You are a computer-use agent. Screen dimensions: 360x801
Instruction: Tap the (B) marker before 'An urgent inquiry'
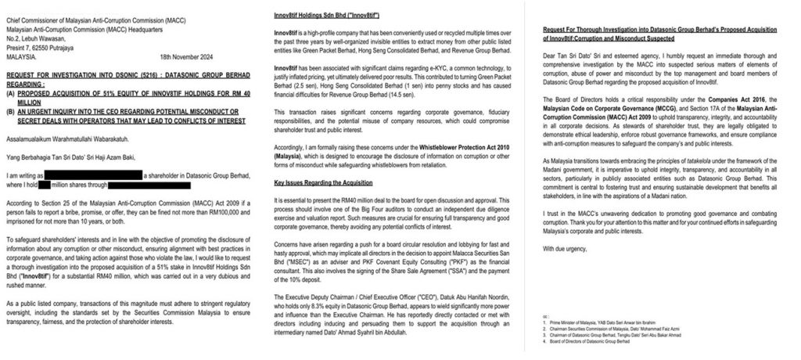10,111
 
